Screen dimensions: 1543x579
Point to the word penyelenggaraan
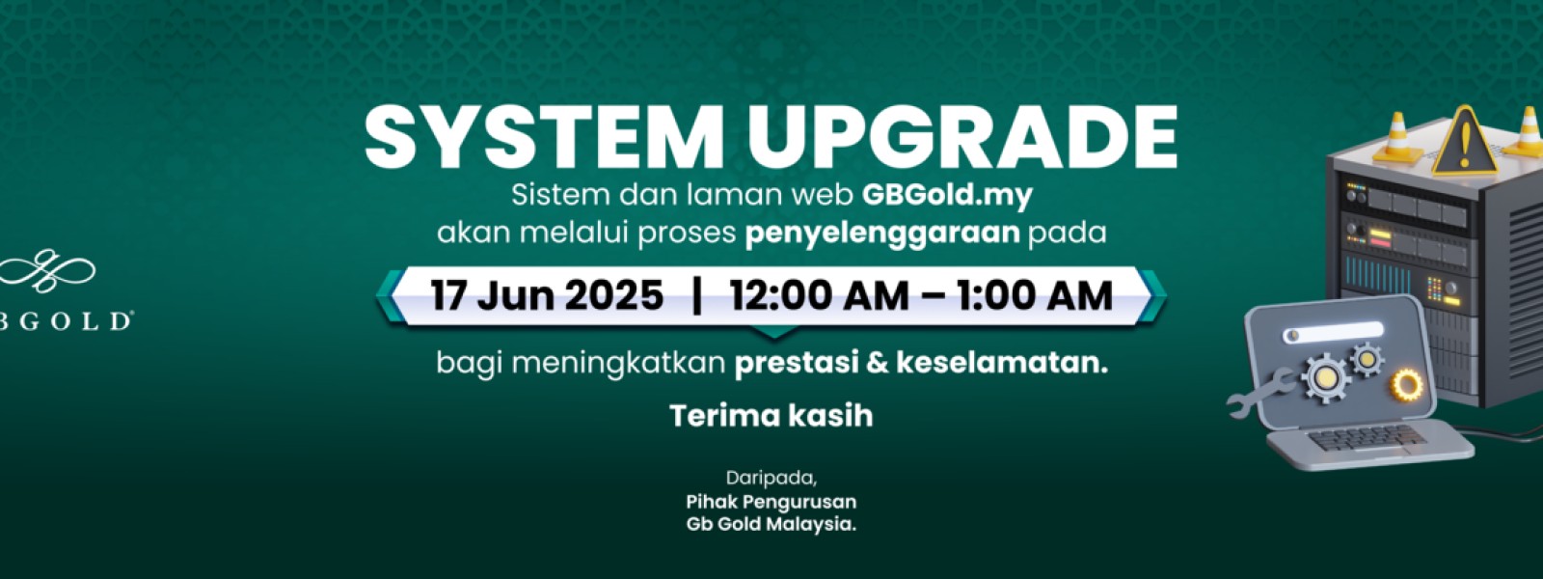[882, 233]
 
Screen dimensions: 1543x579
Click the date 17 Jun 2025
[547, 295]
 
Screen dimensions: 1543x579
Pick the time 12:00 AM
[819, 295]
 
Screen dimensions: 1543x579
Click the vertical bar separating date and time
[696, 295]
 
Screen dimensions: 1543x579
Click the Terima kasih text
[771, 416]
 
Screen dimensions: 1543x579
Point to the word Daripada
[771, 479]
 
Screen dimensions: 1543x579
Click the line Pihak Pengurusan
[771, 501]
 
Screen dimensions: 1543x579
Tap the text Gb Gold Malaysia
[771, 525]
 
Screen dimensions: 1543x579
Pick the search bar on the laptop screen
[1333, 332]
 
